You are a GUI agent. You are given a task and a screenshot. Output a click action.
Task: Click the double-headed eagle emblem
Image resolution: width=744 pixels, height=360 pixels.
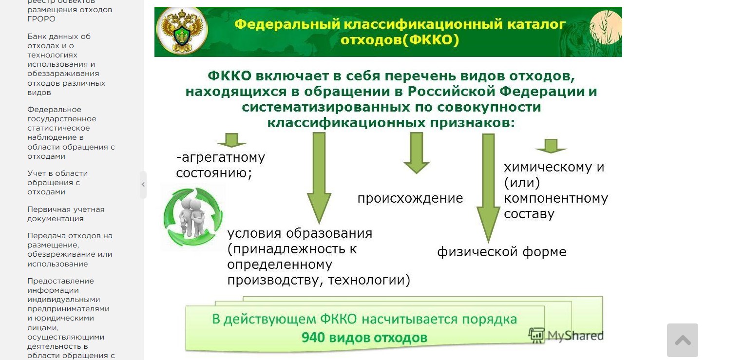coord(182,31)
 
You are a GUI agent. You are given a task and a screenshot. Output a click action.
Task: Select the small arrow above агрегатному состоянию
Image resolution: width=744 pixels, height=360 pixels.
coord(231,140)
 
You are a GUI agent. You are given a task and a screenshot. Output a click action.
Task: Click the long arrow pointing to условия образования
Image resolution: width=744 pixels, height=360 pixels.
coord(319,178)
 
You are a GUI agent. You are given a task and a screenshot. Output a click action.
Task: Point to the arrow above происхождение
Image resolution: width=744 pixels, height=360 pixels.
coord(416,153)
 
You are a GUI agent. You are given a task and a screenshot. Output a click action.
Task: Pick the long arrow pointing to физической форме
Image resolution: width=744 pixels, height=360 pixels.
coord(488,188)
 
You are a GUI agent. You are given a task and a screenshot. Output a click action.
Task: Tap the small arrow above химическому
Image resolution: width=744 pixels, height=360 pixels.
coord(551,146)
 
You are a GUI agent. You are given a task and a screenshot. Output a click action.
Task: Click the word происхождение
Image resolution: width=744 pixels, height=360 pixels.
coord(410,198)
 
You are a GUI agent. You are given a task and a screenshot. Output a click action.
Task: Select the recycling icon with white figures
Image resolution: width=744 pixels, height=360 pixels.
coord(192,217)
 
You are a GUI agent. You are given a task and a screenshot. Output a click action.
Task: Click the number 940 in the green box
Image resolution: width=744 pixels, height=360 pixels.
coord(313,338)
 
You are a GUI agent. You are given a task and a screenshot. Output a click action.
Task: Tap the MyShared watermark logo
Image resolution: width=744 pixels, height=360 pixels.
coord(566,336)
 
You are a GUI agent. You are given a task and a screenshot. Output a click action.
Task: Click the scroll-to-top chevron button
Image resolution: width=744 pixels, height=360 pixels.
coord(682,340)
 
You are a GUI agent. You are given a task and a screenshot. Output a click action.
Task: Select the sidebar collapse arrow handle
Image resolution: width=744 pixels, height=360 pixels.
coord(143,185)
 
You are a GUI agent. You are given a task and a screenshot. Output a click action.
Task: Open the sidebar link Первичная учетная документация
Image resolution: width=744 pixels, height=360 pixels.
coord(66,214)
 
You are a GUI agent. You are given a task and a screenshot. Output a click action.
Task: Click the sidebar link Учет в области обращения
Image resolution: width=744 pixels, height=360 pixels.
coord(57,182)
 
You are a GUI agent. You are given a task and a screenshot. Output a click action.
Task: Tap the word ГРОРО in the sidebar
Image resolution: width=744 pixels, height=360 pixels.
coord(41,19)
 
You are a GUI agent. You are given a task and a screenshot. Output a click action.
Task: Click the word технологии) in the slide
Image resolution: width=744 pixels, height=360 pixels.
coord(369,280)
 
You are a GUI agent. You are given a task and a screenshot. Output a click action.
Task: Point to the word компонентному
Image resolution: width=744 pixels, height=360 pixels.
coord(555,198)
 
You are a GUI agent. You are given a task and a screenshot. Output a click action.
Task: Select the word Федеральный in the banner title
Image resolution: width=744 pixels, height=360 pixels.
coord(287,24)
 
